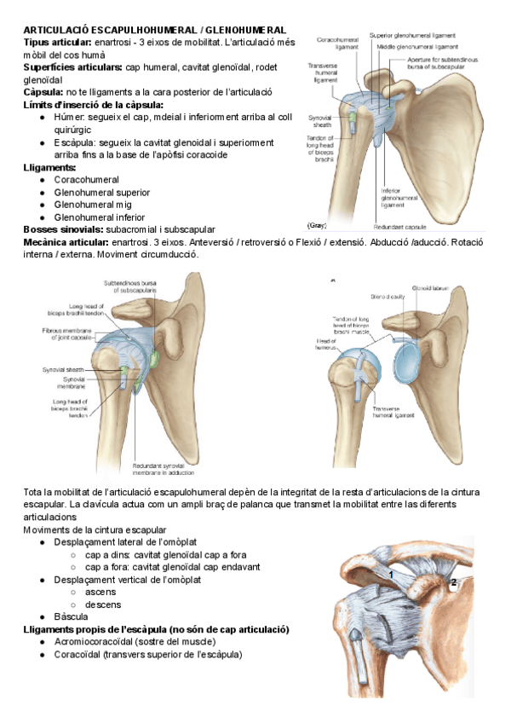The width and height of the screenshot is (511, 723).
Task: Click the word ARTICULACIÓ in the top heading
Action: pos(57,30)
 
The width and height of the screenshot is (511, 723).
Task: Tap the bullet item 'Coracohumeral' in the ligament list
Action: pos(86,181)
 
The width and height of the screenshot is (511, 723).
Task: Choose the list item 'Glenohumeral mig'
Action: pos(92,205)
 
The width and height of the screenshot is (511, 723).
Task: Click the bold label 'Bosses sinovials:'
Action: pos(64,229)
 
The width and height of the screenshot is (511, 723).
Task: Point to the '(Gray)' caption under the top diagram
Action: pos(317,225)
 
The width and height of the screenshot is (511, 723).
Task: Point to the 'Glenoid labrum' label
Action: pos(428,291)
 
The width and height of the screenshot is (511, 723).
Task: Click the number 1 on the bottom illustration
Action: pos(390,576)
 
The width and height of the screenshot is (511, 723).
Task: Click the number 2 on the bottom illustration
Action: pos(454,582)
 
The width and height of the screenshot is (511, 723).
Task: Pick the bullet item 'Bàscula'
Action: pos(72,616)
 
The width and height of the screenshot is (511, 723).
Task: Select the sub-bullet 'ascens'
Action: pos(100,592)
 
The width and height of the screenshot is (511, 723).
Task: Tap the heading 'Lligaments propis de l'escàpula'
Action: pos(94,629)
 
